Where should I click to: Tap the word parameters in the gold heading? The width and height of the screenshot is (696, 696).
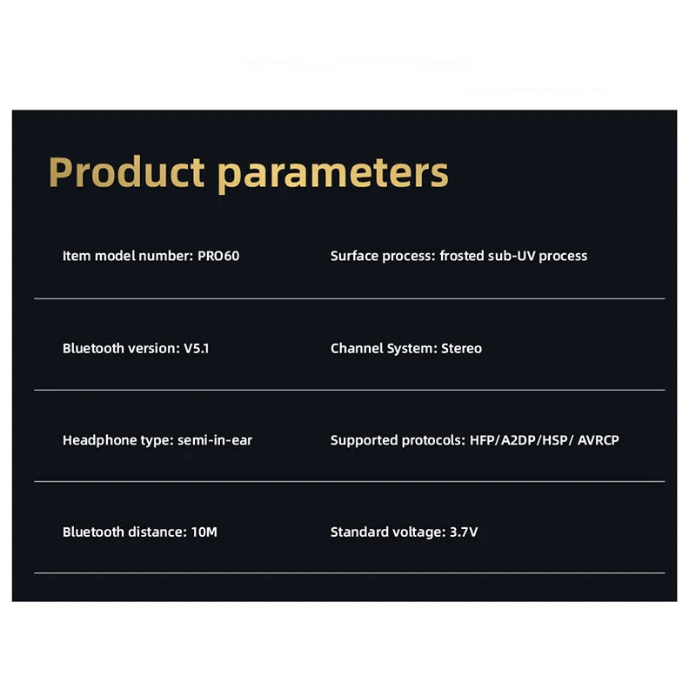click(x=333, y=175)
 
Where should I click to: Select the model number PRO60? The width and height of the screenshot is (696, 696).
click(x=218, y=256)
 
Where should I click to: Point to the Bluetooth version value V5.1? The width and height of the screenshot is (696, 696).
click(x=197, y=349)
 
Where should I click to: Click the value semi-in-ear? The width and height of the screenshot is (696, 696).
click(x=215, y=440)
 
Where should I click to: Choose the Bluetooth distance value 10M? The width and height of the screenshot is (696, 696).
click(x=204, y=532)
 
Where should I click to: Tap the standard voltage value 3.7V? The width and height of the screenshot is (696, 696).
click(x=464, y=532)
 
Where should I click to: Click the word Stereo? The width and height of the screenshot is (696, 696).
click(x=462, y=349)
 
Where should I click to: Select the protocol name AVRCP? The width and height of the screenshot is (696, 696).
click(x=599, y=440)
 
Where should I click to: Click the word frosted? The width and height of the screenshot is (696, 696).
click(x=462, y=256)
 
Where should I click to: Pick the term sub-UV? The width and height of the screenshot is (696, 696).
click(x=512, y=256)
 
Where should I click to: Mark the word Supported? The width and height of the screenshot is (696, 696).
click(x=364, y=441)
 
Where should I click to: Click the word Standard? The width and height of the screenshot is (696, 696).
click(x=359, y=532)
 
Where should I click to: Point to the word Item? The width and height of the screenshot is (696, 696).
click(x=77, y=256)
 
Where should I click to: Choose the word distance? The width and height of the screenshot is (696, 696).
click(x=157, y=532)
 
